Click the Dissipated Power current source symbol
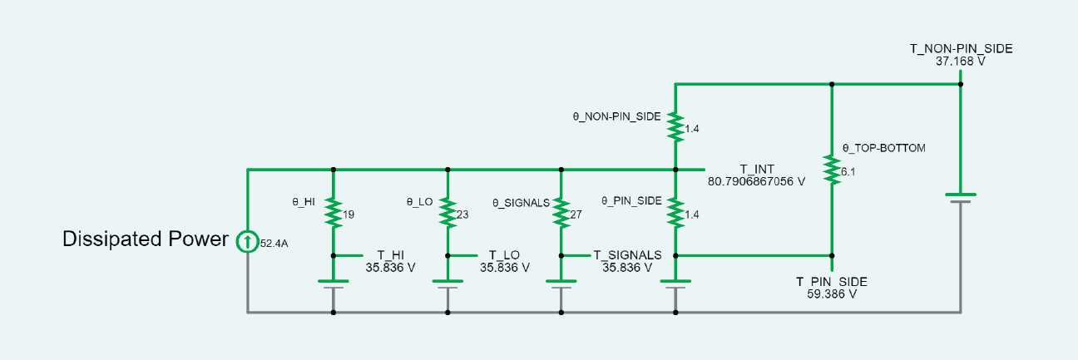(x=247, y=241)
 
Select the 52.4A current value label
(x=274, y=244)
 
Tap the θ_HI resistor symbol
(x=333, y=213)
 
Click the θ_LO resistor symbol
(x=448, y=213)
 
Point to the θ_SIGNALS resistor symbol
(x=561, y=213)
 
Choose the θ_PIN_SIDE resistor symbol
(x=675, y=213)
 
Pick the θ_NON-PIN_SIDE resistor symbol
(x=675, y=127)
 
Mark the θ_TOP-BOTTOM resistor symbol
(x=831, y=170)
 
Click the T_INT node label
(x=756, y=168)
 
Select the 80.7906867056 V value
(x=756, y=180)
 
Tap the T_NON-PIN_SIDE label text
(x=961, y=49)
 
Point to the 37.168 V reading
(x=961, y=62)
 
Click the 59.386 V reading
(x=831, y=294)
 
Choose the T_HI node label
(x=390, y=255)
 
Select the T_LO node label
(x=505, y=255)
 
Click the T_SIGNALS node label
(x=627, y=255)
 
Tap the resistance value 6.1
(x=848, y=172)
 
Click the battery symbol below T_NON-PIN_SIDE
(x=960, y=198)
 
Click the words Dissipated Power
(x=146, y=239)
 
